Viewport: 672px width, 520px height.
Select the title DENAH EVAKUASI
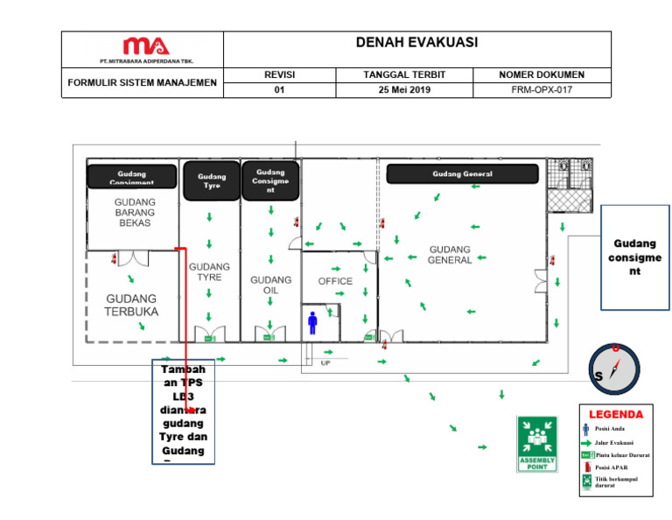(416, 43)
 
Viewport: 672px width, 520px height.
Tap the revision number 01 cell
(279, 89)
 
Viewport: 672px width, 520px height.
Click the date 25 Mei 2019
(404, 89)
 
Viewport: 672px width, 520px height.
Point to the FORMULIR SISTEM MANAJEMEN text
(142, 83)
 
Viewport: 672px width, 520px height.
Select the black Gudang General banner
(462, 174)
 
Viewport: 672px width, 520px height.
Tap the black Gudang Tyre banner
(211, 181)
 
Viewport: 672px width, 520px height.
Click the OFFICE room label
(335, 281)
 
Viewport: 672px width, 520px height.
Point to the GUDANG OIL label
(271, 285)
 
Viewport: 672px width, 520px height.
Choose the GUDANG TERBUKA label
(131, 305)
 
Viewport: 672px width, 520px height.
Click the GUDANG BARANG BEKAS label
(135, 212)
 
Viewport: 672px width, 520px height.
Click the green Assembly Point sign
(537, 443)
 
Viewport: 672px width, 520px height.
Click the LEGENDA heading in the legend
(615, 413)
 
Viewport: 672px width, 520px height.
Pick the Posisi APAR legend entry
(611, 468)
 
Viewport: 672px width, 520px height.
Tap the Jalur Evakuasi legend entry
(614, 443)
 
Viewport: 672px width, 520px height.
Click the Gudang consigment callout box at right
(635, 258)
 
